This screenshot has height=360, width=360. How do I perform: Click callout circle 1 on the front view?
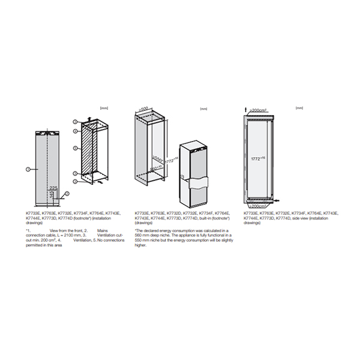click(28, 170)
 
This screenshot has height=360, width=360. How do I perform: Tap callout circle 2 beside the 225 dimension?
click(68, 193)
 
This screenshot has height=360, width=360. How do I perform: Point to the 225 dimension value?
click(54, 187)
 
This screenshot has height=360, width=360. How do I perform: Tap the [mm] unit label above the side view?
click(299, 108)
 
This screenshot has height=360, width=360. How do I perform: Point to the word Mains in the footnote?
click(102, 230)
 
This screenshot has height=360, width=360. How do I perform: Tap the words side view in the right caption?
click(299, 217)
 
